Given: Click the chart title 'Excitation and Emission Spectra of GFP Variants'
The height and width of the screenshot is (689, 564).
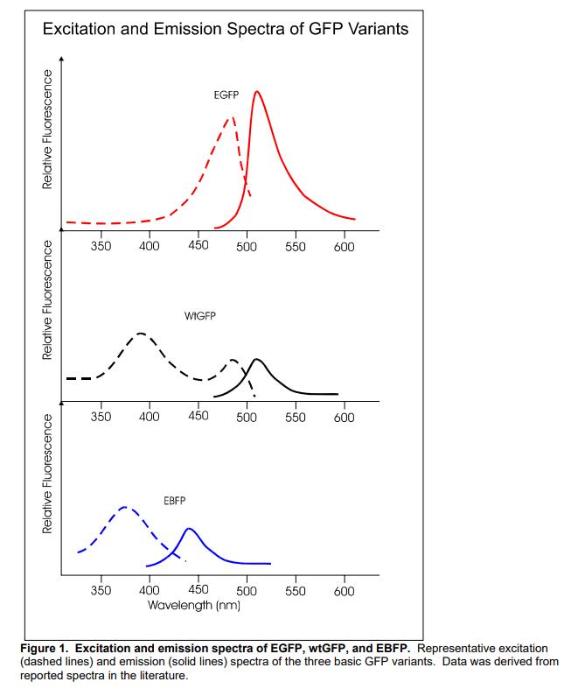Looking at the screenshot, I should pyautogui.click(x=226, y=30).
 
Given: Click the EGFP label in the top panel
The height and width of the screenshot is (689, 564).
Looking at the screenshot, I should pyautogui.click(x=226, y=94).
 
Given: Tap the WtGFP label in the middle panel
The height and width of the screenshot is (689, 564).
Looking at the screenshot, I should pyautogui.click(x=200, y=316).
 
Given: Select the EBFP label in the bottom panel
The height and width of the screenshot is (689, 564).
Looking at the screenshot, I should pyautogui.click(x=175, y=500).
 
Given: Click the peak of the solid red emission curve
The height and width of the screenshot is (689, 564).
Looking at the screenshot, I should pyautogui.click(x=256, y=91).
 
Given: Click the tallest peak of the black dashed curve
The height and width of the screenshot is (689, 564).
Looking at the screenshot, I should pyautogui.click(x=141, y=334).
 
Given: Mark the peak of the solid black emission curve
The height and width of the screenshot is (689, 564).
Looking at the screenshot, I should pyautogui.click(x=256, y=359).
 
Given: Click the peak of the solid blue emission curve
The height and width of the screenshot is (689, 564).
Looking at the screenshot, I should pyautogui.click(x=190, y=529).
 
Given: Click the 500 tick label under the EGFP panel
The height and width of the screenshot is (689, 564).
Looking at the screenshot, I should pyautogui.click(x=246, y=248).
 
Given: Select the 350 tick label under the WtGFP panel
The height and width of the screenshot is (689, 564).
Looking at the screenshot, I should pyautogui.click(x=101, y=417).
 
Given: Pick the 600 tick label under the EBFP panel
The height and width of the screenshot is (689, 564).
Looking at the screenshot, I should pyautogui.click(x=344, y=592).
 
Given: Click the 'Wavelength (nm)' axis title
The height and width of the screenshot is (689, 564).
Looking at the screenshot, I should pyautogui.click(x=194, y=606).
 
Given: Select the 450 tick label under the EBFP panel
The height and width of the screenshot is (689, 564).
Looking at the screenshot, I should pyautogui.click(x=198, y=592).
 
